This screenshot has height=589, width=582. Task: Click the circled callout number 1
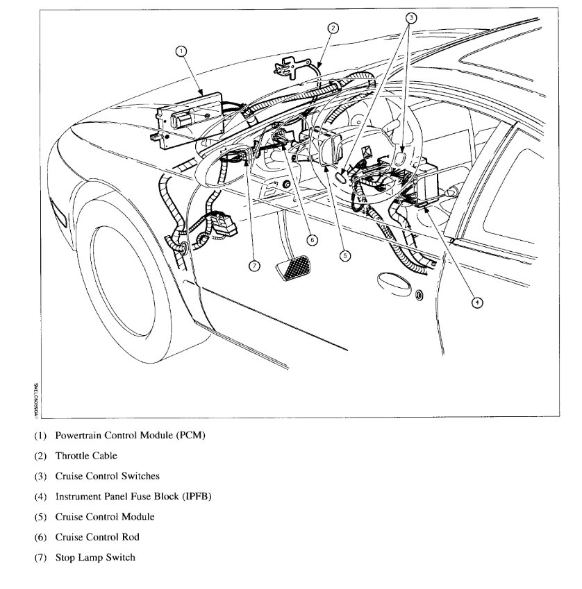pyautogui.click(x=182, y=51)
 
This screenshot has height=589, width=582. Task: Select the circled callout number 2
pyautogui.click(x=333, y=28)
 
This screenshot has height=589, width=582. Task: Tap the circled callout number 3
pyautogui.click(x=410, y=19)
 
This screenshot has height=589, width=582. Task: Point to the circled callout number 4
pyautogui.click(x=476, y=302)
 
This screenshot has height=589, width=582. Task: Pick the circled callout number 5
pyautogui.click(x=345, y=255)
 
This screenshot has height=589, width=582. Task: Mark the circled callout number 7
pyautogui.click(x=254, y=267)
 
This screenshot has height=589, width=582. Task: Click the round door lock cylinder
pyautogui.click(x=419, y=296)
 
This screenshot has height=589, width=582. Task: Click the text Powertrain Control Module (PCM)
pyautogui.click(x=131, y=436)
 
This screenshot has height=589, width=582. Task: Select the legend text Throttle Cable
pyautogui.click(x=86, y=456)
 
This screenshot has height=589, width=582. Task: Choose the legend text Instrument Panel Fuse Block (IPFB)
pyautogui.click(x=133, y=497)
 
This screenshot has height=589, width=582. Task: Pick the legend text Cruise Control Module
pyautogui.click(x=105, y=517)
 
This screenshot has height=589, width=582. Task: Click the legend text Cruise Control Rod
pyautogui.click(x=97, y=537)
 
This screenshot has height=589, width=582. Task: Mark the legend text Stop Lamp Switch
pyautogui.click(x=95, y=557)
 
